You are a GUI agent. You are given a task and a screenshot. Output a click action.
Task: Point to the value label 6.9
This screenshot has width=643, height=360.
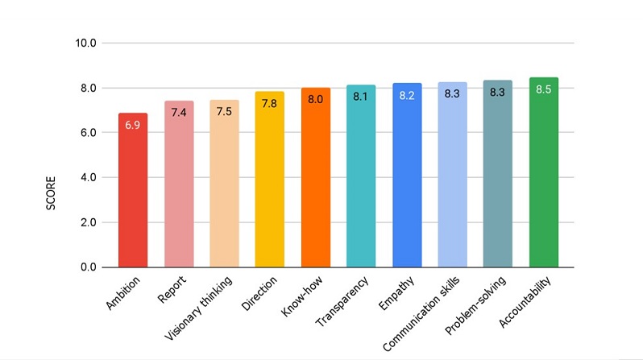132,125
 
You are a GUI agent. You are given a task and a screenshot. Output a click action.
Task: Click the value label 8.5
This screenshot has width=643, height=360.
544,89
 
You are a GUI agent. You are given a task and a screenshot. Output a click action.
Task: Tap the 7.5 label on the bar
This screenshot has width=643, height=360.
224,112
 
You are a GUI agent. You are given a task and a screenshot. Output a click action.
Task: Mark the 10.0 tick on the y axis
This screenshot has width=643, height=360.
85,43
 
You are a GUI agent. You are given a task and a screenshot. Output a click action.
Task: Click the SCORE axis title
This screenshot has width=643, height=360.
50,194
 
